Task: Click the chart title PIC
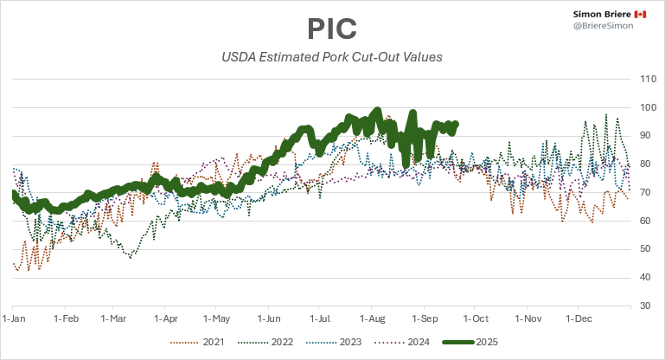pos(332,28)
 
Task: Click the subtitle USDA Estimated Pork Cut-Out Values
pos(332,58)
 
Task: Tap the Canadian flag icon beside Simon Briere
pos(640,15)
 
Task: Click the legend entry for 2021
pos(203,341)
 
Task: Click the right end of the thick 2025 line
pos(456,124)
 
